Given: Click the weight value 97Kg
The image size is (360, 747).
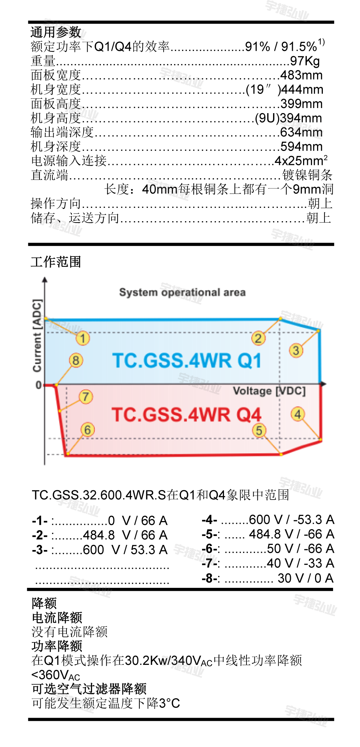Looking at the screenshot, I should pos(305,61).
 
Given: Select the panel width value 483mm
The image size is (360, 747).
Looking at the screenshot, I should pos(301,75).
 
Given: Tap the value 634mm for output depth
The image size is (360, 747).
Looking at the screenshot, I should pos(301,132).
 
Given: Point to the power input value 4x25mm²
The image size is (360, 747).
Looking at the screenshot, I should pos(301,161).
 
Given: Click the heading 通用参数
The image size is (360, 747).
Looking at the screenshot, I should pos(56,32).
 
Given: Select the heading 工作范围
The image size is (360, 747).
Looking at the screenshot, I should pos(56,262).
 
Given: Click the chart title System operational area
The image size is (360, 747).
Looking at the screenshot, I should pos(182,292).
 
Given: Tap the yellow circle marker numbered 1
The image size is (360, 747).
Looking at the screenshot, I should pos(82,338).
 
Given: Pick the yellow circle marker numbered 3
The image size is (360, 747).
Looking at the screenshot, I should pos(296,350).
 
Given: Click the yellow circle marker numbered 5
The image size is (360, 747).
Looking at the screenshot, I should pos(259,430).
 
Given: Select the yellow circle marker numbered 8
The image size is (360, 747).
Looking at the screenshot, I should pos(76,360).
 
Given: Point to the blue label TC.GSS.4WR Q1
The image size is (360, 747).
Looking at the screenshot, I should pos(187,361).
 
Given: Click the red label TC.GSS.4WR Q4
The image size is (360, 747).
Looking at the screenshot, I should pos(186,415).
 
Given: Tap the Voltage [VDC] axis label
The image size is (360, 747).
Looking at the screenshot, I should pos(269,391).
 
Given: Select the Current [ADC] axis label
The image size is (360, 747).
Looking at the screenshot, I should pos(37,336).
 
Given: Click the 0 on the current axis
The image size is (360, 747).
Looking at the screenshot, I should pos(39,385).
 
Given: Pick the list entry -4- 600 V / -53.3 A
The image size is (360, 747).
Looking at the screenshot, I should pos(268,520).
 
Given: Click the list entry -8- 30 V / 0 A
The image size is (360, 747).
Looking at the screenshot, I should pos(268,578).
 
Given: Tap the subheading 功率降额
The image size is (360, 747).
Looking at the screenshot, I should pos(57,646).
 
